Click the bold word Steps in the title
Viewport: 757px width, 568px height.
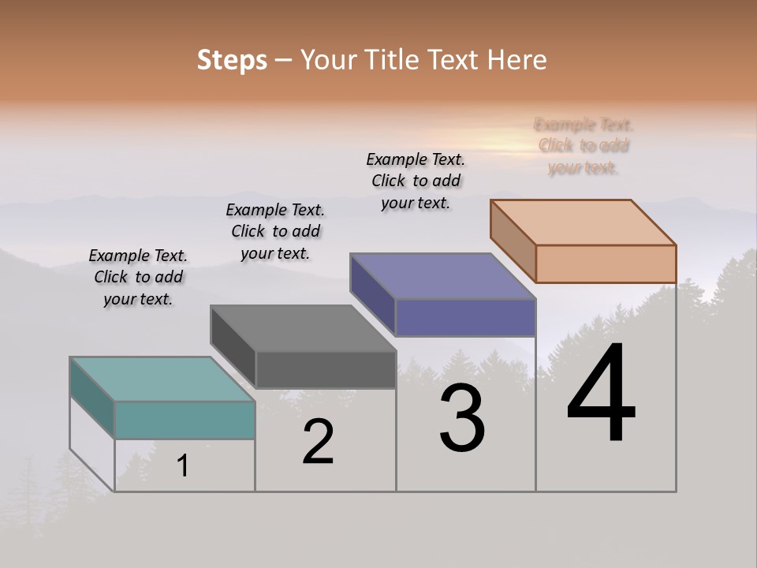(232, 60)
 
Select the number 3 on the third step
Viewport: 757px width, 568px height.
(461, 418)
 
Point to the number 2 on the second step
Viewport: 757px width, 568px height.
(318, 442)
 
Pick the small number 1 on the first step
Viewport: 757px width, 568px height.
(182, 466)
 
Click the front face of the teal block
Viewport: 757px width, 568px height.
(185, 420)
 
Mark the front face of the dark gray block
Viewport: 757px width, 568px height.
(326, 369)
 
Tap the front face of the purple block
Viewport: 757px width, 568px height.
(465, 317)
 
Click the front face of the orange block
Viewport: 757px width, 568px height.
(606, 263)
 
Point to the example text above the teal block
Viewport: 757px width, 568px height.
(138, 277)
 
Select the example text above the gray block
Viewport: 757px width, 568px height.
(275, 231)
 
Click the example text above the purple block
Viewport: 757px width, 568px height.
(416, 181)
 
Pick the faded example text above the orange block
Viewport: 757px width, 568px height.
(584, 146)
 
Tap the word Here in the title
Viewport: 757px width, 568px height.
(517, 60)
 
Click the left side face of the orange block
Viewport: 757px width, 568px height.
(513, 240)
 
